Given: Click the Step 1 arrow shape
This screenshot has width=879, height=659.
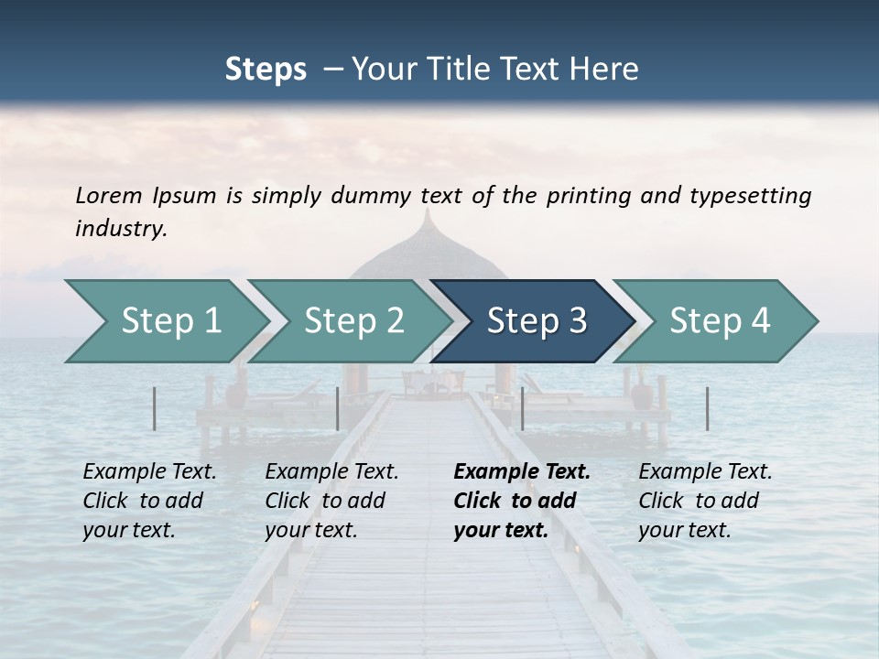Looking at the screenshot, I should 165,321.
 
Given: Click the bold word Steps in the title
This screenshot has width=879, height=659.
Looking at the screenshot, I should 266,69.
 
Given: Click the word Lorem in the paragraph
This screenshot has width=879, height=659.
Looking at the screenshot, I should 108,195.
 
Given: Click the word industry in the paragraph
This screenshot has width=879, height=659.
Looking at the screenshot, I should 119,229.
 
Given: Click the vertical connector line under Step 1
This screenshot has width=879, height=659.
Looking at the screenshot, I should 154,408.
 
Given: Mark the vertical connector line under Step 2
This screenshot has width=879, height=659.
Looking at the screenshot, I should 338,408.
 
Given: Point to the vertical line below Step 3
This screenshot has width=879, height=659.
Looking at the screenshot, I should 522,408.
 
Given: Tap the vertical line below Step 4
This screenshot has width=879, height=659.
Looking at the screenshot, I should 707,408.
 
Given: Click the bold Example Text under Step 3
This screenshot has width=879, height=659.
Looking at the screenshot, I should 522,472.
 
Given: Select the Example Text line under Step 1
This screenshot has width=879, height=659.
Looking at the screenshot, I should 149,472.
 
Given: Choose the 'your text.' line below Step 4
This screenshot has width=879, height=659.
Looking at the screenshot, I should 684,530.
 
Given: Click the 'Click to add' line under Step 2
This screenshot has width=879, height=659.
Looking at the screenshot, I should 325,502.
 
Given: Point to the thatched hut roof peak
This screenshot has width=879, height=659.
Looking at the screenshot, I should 428,214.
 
